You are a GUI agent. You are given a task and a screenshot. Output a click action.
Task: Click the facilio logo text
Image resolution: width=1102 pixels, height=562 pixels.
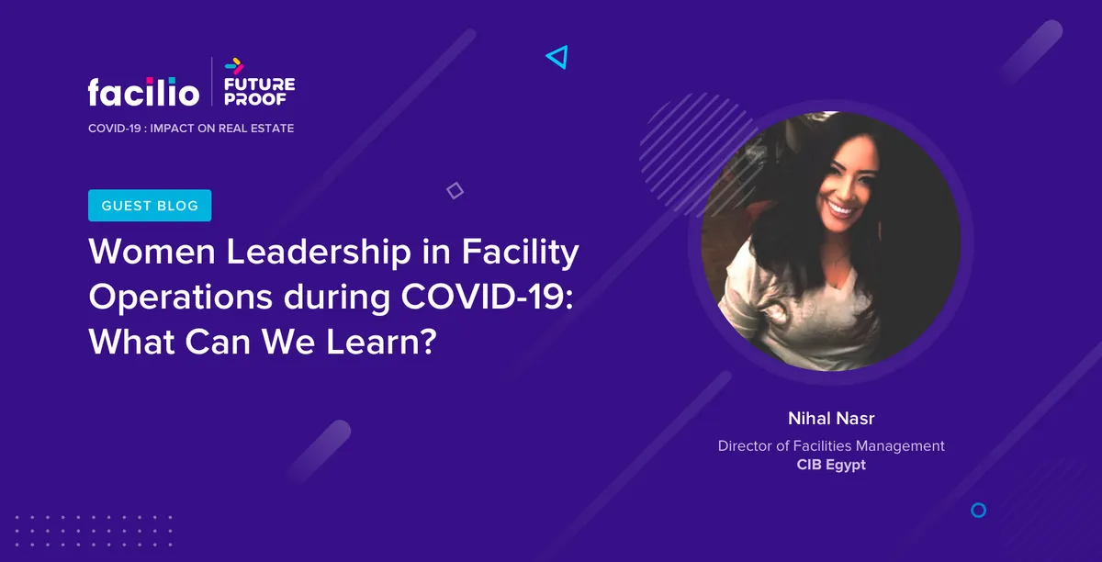[143, 91]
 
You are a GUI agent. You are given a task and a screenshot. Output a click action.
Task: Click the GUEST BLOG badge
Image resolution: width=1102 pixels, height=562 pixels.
[150, 206]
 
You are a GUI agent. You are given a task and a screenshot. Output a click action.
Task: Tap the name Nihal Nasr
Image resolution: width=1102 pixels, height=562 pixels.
[831, 419]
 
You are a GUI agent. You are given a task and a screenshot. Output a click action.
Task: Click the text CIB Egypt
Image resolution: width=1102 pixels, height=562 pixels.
[831, 466]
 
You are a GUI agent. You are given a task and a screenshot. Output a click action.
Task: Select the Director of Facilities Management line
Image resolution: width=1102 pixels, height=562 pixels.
[831, 446]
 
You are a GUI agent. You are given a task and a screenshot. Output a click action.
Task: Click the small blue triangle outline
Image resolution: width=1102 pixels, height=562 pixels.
[557, 58]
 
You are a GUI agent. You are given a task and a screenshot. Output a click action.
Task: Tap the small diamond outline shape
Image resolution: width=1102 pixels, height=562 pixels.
[455, 190]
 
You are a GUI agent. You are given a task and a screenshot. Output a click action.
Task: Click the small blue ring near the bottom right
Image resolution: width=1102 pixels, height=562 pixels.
[978, 510]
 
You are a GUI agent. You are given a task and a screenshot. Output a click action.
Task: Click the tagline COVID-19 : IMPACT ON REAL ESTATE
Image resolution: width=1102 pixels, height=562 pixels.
[191, 129]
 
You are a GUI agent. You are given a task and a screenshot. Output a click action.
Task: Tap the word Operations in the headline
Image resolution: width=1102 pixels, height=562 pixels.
[180, 298]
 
